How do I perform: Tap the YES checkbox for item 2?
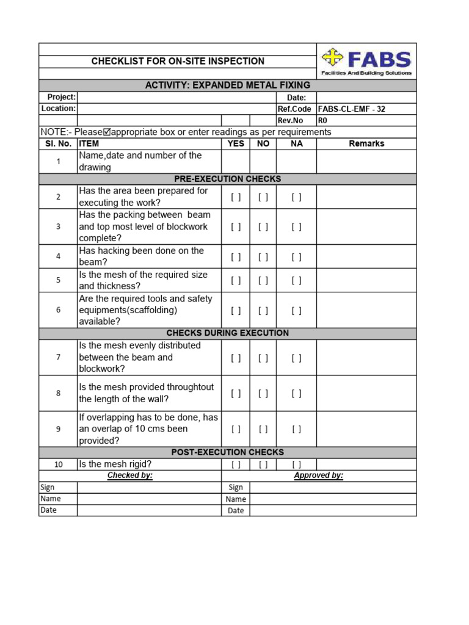[x=236, y=197]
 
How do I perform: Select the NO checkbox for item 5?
[x=263, y=281]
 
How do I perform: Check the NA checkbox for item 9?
[x=296, y=429]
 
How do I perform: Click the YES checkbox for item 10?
[x=236, y=464]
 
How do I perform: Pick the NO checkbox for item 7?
[x=263, y=358]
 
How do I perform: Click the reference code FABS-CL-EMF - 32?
[x=352, y=109]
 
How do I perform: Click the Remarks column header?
[x=366, y=144]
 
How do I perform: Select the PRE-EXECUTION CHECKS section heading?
[x=227, y=179]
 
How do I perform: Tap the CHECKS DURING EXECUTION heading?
[x=227, y=333]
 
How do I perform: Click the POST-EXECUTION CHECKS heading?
[x=227, y=452]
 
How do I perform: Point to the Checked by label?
[x=130, y=475]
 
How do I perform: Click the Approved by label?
[x=318, y=475]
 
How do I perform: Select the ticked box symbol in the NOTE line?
[x=107, y=132]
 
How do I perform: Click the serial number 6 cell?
[x=59, y=310]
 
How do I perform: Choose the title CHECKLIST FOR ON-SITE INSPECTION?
[x=178, y=61]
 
